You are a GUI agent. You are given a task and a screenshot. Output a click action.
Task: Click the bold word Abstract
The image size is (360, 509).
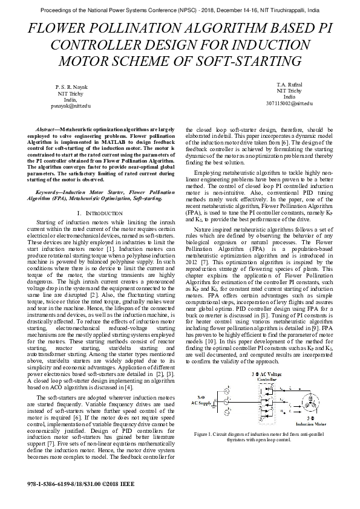(x=46, y=130)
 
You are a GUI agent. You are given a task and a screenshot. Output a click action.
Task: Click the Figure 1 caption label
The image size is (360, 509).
(x=205, y=434)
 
